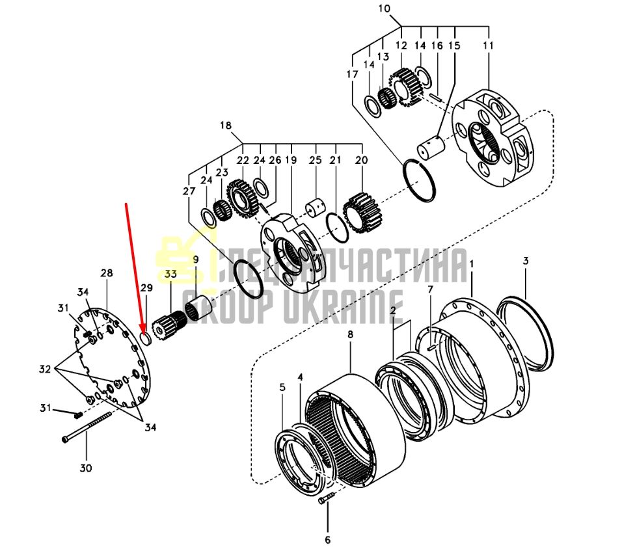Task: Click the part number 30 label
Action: [x=86, y=468]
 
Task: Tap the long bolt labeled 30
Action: [x=86, y=427]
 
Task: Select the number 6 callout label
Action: [x=328, y=540]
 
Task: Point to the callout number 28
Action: [x=106, y=273]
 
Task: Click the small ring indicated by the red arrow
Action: [x=146, y=339]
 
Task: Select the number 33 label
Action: [x=170, y=274]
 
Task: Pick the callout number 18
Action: [x=226, y=126]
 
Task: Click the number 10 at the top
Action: [x=384, y=8]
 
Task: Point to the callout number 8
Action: [x=350, y=335]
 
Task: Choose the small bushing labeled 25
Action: [x=315, y=208]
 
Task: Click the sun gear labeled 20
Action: [x=362, y=213]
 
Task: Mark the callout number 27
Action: [x=189, y=191]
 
